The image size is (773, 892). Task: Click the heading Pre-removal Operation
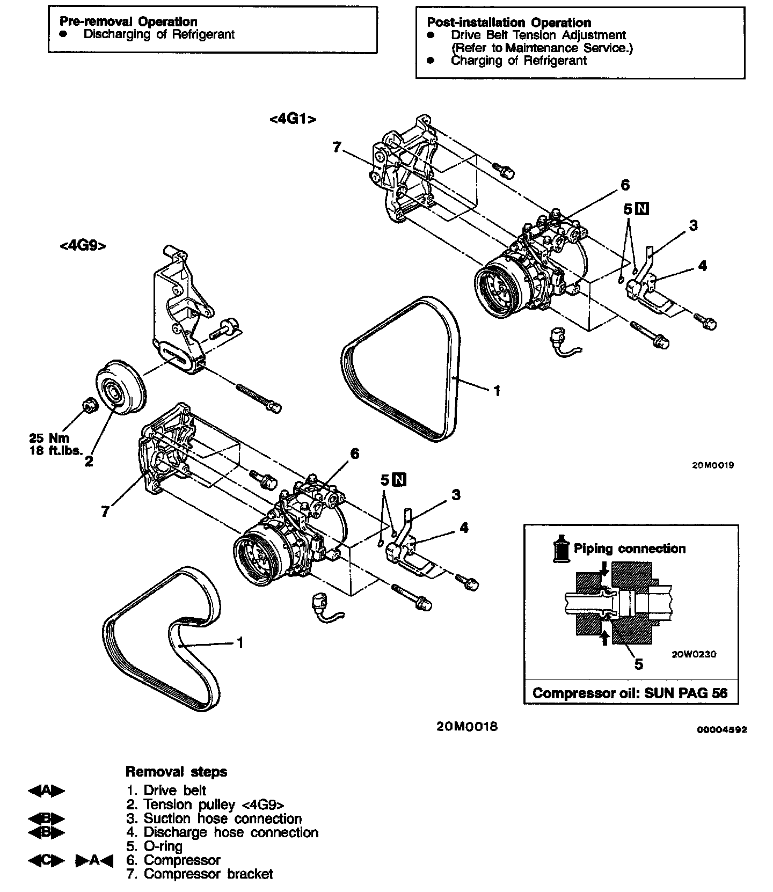tap(128, 21)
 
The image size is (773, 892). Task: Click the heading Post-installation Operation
tap(509, 23)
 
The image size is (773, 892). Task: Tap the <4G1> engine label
tap(293, 119)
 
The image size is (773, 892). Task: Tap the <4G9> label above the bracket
tap(83, 246)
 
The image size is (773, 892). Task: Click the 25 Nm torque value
tap(50, 438)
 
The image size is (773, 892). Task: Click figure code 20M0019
tap(713, 465)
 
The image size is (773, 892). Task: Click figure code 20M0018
tap(466, 727)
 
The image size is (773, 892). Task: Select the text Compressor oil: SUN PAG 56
tap(630, 693)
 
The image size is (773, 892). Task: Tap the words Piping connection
tap(630, 549)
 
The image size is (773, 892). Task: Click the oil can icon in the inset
tap(560, 549)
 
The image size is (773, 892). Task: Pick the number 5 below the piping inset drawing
tap(638, 664)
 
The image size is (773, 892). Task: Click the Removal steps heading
tap(176, 772)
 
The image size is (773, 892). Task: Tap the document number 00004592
tap(722, 730)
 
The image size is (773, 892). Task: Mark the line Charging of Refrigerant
tap(519, 61)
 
